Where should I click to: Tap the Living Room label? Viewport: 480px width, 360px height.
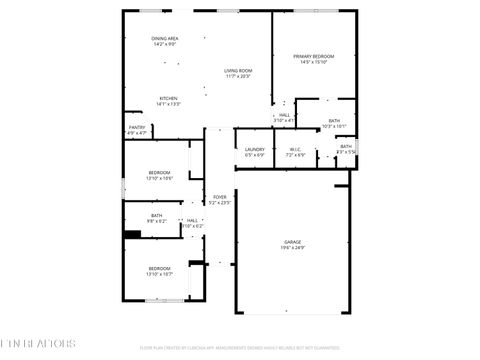click(237, 70)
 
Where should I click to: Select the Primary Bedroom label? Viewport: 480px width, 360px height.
click(313, 56)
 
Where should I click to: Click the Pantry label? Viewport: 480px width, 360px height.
click(137, 127)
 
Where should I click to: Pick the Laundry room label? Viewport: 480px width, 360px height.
click(254, 149)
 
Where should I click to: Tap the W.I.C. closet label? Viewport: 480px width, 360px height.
click(294, 149)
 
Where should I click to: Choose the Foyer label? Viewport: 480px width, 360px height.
click(218, 197)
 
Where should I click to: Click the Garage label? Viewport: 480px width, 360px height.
click(292, 241)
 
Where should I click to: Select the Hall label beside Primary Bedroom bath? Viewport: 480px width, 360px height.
click(284, 115)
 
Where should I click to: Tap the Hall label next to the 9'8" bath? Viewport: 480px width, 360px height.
click(192, 220)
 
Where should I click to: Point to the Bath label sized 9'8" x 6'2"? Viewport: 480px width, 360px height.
click(157, 215)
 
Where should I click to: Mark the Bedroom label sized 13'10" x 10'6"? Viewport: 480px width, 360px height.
click(159, 173)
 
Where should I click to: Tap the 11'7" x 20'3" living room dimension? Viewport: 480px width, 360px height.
click(237, 76)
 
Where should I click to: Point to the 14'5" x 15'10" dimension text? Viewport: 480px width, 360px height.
click(313, 62)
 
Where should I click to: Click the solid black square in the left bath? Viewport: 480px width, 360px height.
click(130, 235)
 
